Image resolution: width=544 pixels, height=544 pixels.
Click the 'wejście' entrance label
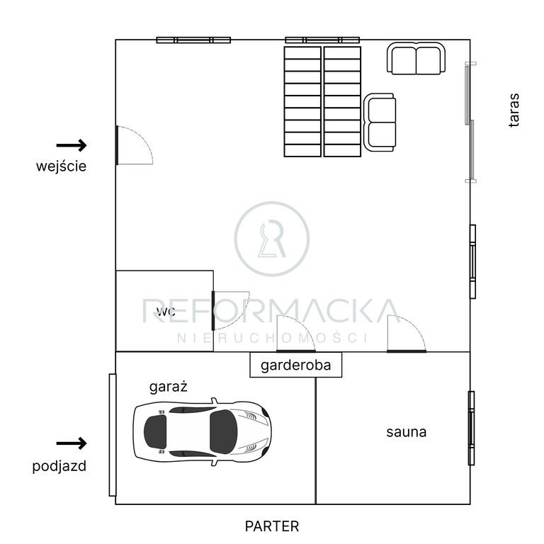61,166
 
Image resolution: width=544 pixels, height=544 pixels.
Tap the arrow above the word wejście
72,145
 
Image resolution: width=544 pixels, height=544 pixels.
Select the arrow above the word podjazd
72,443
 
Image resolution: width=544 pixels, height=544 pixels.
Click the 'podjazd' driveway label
59,466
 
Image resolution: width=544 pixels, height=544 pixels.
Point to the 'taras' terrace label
514,110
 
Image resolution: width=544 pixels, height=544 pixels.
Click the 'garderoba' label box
296,365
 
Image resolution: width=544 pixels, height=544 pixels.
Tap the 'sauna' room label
407,432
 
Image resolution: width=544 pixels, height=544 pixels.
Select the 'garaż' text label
169,387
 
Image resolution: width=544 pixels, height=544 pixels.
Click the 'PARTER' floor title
272,526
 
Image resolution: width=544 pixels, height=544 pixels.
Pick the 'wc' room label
166,312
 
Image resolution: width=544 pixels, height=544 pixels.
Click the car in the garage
203,431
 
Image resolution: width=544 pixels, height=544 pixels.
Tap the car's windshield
223,431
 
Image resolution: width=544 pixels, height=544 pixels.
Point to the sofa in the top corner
416,58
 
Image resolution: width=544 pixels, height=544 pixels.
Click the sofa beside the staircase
380,122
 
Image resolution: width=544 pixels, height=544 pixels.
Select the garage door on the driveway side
113,435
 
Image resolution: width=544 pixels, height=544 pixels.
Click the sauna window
472,428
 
